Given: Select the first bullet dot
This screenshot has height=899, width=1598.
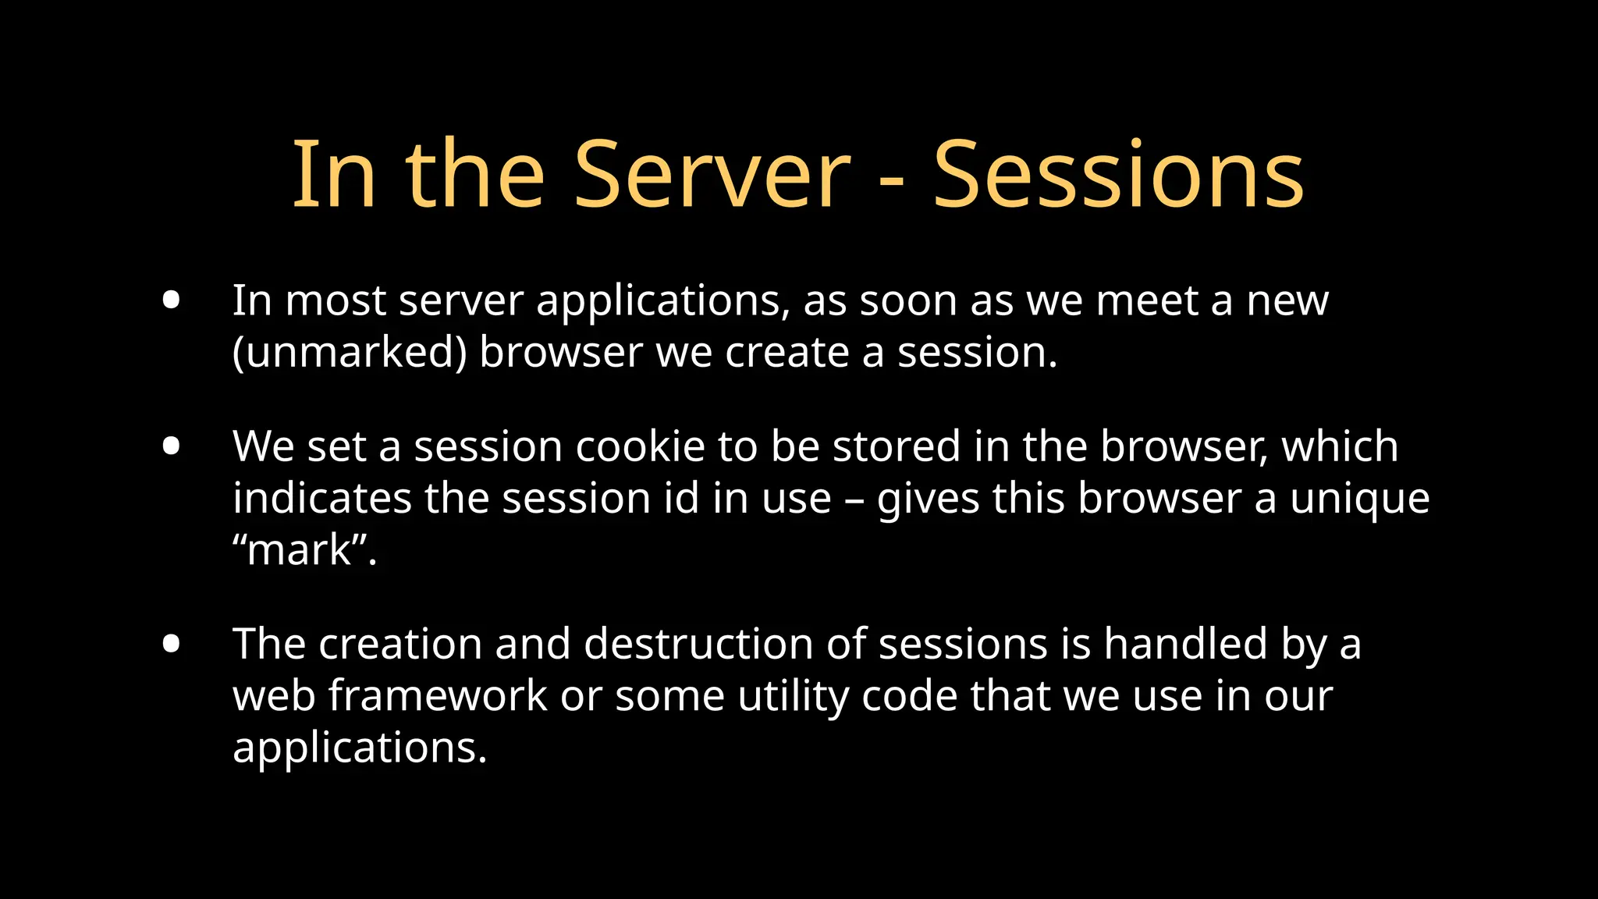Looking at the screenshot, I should (x=172, y=300).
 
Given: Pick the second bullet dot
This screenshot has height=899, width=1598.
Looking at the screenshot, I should (x=172, y=446).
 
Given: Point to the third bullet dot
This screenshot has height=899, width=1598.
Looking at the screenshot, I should (x=172, y=644).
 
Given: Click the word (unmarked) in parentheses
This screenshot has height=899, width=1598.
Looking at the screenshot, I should (x=350, y=353).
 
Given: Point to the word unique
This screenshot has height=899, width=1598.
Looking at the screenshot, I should (x=1359, y=499).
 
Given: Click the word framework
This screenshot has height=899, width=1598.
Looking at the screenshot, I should (x=437, y=696).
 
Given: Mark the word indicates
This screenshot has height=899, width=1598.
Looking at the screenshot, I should (x=321, y=499).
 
